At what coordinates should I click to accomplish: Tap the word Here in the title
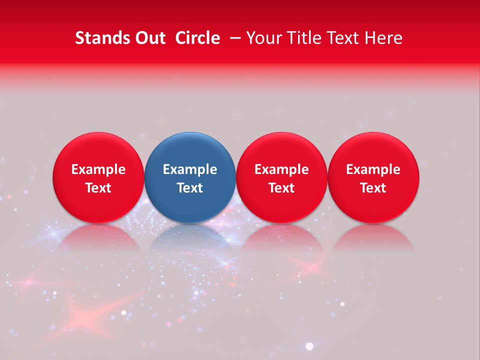point(383,38)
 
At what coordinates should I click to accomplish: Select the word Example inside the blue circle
point(190,169)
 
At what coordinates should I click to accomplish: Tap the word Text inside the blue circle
point(190,188)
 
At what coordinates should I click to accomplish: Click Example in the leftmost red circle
point(98,169)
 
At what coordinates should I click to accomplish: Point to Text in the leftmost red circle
point(98,188)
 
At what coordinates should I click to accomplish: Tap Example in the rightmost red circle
point(373,169)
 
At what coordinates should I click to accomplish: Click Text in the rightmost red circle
point(373,188)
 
